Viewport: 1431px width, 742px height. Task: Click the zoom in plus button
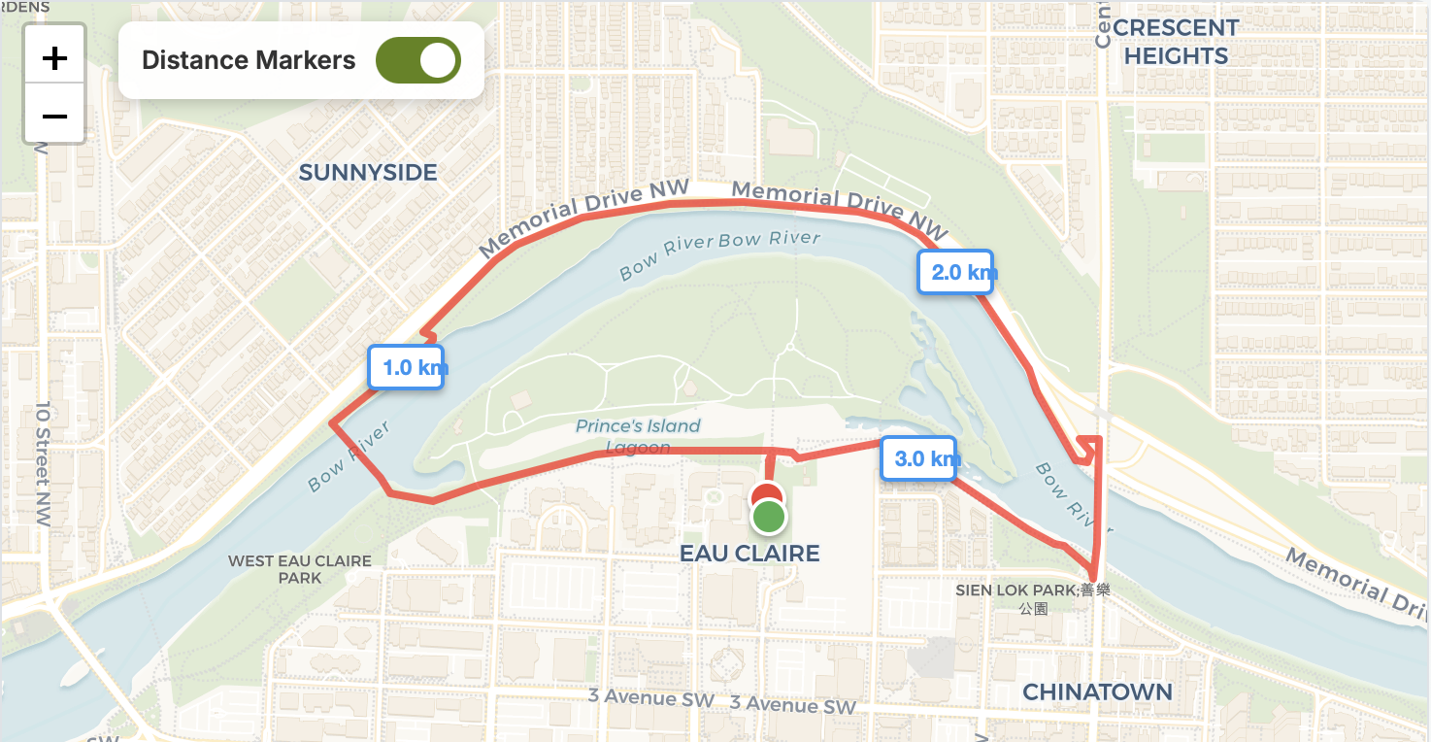coord(54,58)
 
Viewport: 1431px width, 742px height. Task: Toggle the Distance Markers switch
coord(418,60)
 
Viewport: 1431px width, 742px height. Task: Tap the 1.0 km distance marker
coord(406,367)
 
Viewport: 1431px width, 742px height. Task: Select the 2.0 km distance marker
coord(956,272)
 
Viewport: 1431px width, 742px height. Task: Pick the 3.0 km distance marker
coord(918,458)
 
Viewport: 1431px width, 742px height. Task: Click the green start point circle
coord(769,518)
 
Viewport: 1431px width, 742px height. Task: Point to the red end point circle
coord(767,493)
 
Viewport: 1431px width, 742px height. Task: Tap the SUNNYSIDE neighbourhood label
coord(368,173)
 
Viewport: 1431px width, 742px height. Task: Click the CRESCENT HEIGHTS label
coord(1176,42)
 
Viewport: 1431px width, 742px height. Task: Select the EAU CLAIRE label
coord(749,554)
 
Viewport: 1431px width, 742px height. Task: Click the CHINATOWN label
coord(1097,692)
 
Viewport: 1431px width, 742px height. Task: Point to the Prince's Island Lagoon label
coord(638,436)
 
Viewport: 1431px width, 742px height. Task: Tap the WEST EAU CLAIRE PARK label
coord(300,569)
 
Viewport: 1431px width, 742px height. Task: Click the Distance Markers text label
coord(249,60)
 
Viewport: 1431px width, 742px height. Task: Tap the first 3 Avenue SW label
coord(650,697)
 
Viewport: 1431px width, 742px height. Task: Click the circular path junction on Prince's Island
coord(790,346)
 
